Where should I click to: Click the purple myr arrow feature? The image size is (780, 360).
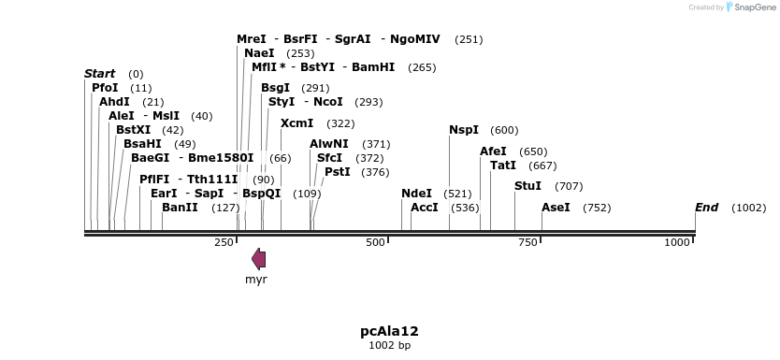pyautogui.click(x=259, y=260)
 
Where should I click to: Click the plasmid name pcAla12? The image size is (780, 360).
pyautogui.click(x=389, y=331)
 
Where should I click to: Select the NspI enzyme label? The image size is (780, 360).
pyautogui.click(x=464, y=130)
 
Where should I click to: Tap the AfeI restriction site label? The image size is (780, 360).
pyautogui.click(x=493, y=151)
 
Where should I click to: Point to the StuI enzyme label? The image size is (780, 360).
pyautogui.click(x=527, y=186)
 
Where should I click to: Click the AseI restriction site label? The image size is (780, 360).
pyautogui.click(x=556, y=208)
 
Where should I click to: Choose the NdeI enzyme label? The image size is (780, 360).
pyautogui.click(x=416, y=194)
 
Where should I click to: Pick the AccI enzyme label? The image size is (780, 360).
pyautogui.click(x=425, y=208)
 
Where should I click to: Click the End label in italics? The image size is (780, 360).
pyautogui.click(x=706, y=208)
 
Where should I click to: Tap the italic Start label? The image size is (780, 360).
pyautogui.click(x=99, y=74)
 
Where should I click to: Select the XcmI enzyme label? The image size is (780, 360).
pyautogui.click(x=297, y=123)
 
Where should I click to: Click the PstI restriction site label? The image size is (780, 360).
pyautogui.click(x=337, y=172)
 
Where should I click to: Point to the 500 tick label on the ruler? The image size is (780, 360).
pyautogui.click(x=375, y=242)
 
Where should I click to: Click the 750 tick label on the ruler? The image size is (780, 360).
pyautogui.click(x=527, y=242)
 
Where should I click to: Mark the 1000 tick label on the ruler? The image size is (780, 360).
pyautogui.click(x=677, y=242)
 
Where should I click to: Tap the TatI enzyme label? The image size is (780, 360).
pyautogui.click(x=503, y=166)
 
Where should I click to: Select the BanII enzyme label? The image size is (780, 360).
pyautogui.click(x=180, y=208)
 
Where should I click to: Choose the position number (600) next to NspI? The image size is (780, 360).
pyautogui.click(x=504, y=130)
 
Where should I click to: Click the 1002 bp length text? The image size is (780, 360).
pyautogui.click(x=389, y=346)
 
